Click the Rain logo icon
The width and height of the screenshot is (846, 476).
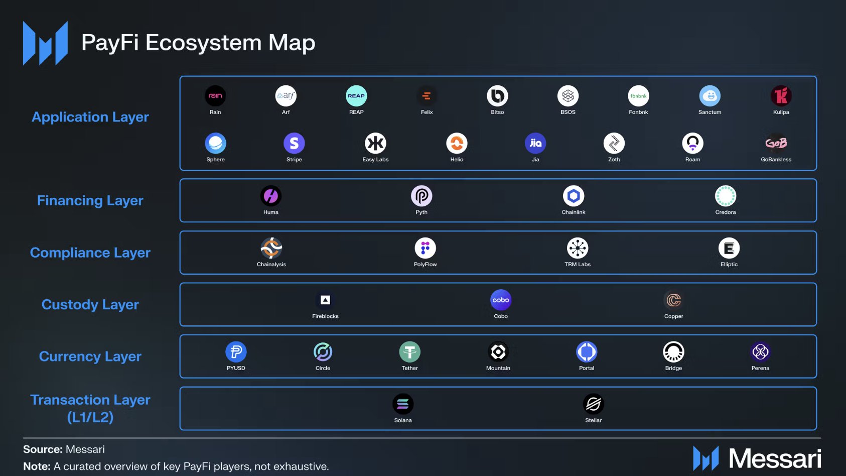pos(215,96)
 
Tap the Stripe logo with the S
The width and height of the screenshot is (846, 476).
pos(294,144)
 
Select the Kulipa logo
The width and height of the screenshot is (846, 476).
pos(781,96)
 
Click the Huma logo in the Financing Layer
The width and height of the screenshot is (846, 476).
pos(271,196)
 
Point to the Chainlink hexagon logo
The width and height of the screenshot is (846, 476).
pos(574,196)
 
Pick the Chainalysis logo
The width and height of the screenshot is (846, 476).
pos(271,248)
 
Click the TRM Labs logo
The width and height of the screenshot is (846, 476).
pos(578,248)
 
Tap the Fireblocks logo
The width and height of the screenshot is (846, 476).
pos(325,300)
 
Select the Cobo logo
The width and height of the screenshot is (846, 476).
pos(501,300)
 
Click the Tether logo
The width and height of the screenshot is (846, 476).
pos(410,352)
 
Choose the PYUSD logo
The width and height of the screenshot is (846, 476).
pos(236,352)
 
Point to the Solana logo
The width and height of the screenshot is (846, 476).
pos(403,404)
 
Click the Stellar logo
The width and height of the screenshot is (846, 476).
pos(593,404)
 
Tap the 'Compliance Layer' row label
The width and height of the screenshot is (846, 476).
pos(90,253)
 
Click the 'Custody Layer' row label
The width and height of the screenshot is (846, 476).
pos(90,305)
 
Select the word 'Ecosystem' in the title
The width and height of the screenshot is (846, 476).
pos(204,43)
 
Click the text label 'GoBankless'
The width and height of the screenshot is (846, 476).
pos(776,160)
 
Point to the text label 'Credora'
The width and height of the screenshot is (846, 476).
pos(726,212)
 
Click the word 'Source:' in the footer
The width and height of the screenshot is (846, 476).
pos(43,449)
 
